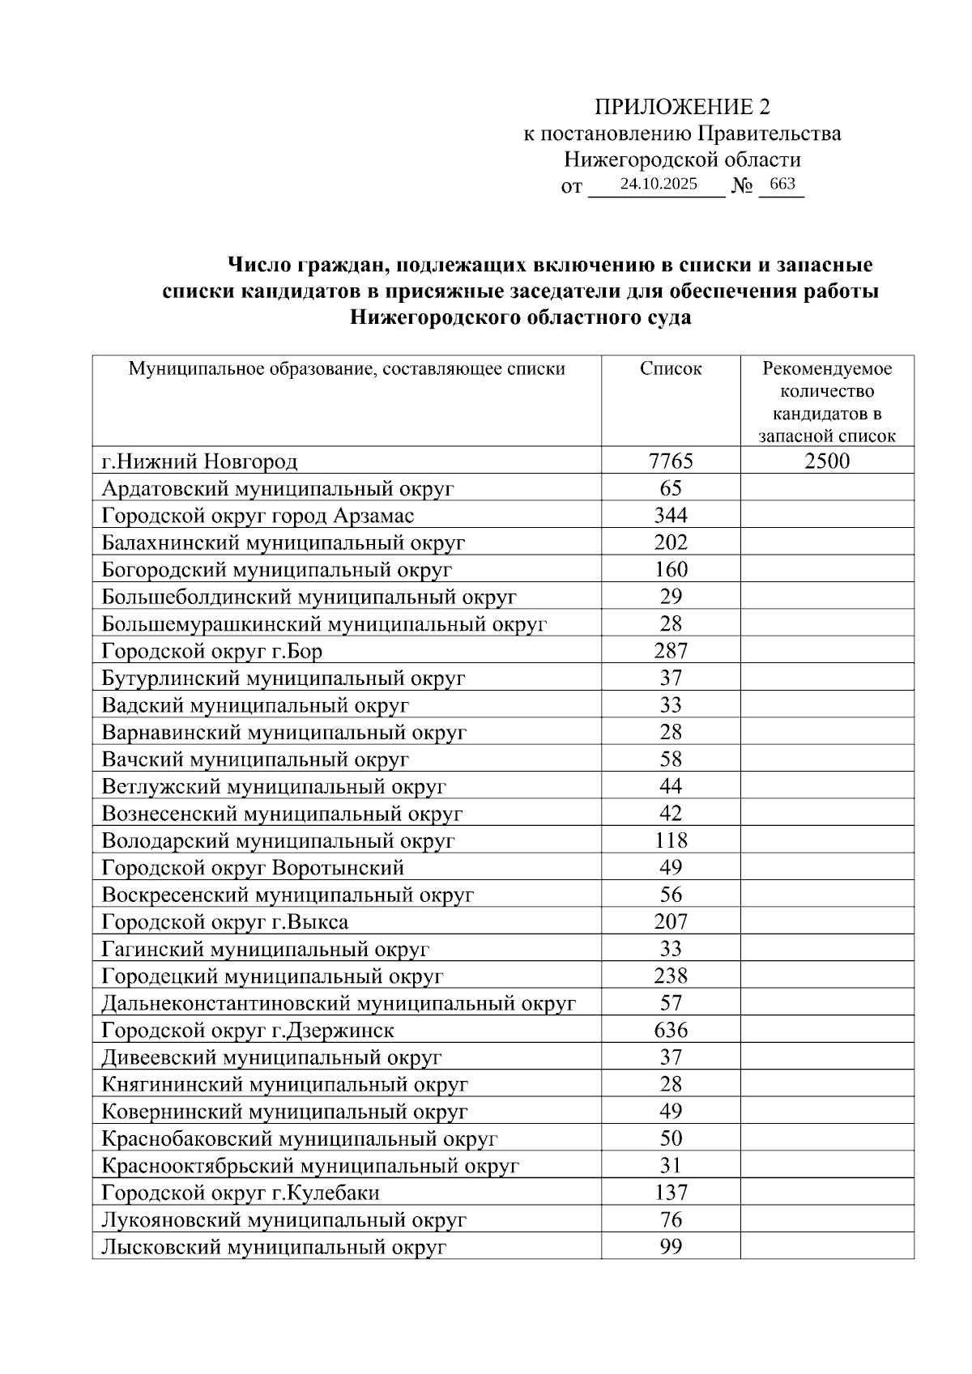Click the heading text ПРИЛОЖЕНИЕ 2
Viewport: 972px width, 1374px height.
(682, 107)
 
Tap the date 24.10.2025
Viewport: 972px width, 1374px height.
(658, 185)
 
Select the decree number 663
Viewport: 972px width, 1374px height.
(782, 185)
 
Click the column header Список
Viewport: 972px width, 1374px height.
(671, 369)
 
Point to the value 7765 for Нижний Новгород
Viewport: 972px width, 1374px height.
(671, 462)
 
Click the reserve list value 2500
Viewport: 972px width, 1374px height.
(827, 462)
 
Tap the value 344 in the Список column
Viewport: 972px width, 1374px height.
(671, 516)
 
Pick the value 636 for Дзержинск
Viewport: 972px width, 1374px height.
(671, 1030)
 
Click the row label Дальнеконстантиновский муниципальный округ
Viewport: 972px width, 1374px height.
(339, 1003)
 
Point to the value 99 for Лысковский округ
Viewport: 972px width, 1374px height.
(671, 1247)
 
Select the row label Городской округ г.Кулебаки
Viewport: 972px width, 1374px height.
(241, 1193)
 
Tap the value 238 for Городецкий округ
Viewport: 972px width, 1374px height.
(671, 976)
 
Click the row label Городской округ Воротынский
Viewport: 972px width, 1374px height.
(253, 868)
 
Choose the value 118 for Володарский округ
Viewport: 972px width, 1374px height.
(671, 840)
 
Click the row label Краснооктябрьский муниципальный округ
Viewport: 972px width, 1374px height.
(309, 1166)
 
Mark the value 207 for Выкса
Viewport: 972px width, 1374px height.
(671, 921)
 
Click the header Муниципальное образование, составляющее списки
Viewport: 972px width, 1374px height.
(347, 369)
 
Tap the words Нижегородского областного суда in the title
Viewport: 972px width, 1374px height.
(520, 317)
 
